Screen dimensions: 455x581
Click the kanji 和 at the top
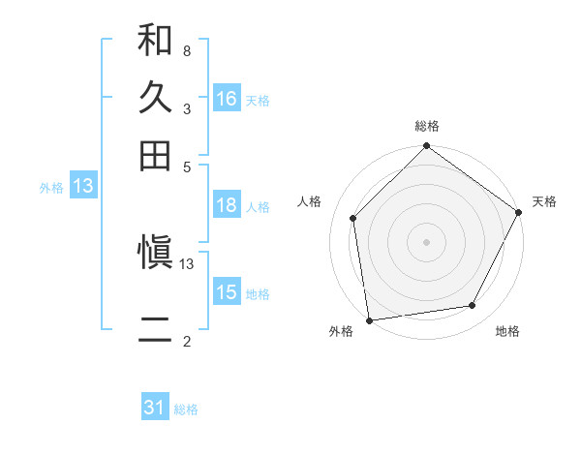pyautogui.click(x=155, y=42)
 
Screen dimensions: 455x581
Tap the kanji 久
pyautogui.click(x=155, y=99)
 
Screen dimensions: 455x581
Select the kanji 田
pyautogui.click(x=155, y=155)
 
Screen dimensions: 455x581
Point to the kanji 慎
pyautogui.click(x=155, y=254)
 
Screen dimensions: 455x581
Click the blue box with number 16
pyautogui.click(x=227, y=99)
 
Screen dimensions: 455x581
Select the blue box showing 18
pyautogui.click(x=227, y=205)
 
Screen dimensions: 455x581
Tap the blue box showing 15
pyautogui.click(x=227, y=292)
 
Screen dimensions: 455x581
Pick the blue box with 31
pyautogui.click(x=155, y=408)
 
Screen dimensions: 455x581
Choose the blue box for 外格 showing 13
pyautogui.click(x=83, y=187)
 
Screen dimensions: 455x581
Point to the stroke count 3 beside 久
pyautogui.click(x=186, y=108)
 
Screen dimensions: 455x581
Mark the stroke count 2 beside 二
pyautogui.click(x=186, y=342)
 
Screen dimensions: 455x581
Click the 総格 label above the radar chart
pyautogui.click(x=427, y=126)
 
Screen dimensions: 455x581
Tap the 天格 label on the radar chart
pyautogui.click(x=545, y=201)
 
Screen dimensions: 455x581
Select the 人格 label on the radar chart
pyautogui.click(x=309, y=201)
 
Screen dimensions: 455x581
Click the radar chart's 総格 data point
pyautogui.click(x=427, y=147)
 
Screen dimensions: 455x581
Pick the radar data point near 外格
pyautogui.click(x=369, y=319)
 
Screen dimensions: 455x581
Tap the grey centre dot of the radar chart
pyautogui.click(x=427, y=241)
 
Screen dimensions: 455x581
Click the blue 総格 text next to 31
pyautogui.click(x=186, y=409)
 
